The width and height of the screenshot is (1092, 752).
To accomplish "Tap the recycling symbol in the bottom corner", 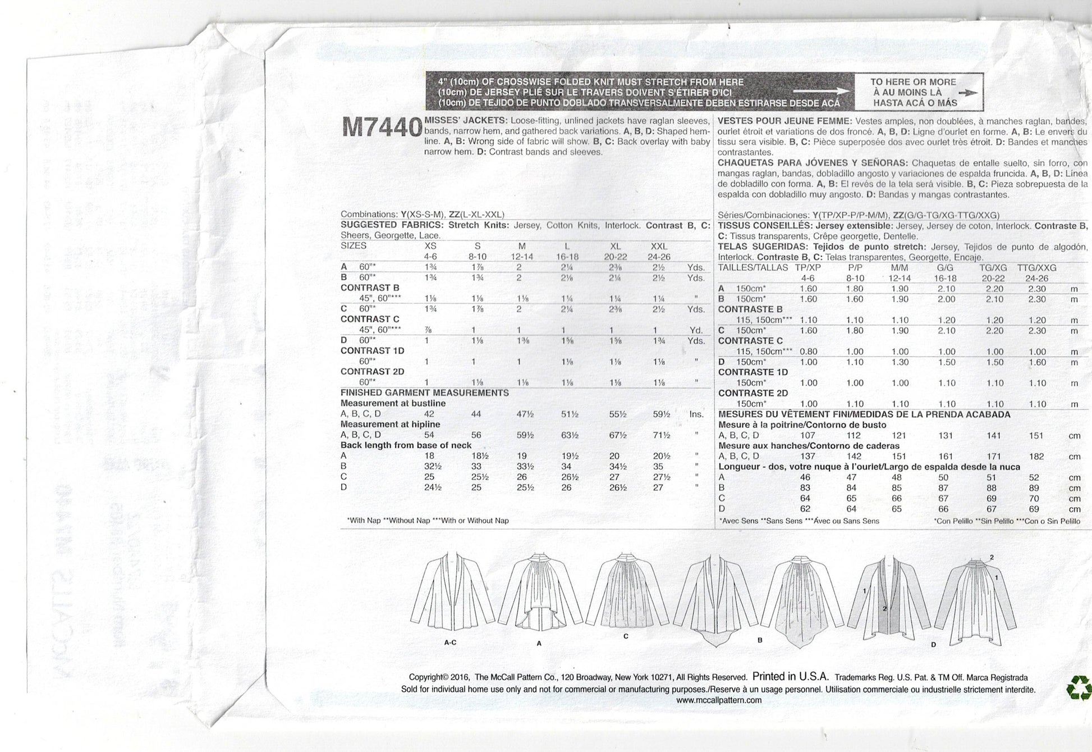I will point(1079,687).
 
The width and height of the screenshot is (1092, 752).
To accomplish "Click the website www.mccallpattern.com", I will point(718,700).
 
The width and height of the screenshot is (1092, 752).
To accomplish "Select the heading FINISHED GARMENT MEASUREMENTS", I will point(424,393).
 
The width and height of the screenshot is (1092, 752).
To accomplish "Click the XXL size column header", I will point(659,246).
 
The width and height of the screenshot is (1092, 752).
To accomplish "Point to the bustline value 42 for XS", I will point(430,414).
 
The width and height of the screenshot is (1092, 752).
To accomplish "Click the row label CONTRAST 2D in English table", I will point(372,371).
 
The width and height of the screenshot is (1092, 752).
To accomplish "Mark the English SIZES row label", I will point(354,246).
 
